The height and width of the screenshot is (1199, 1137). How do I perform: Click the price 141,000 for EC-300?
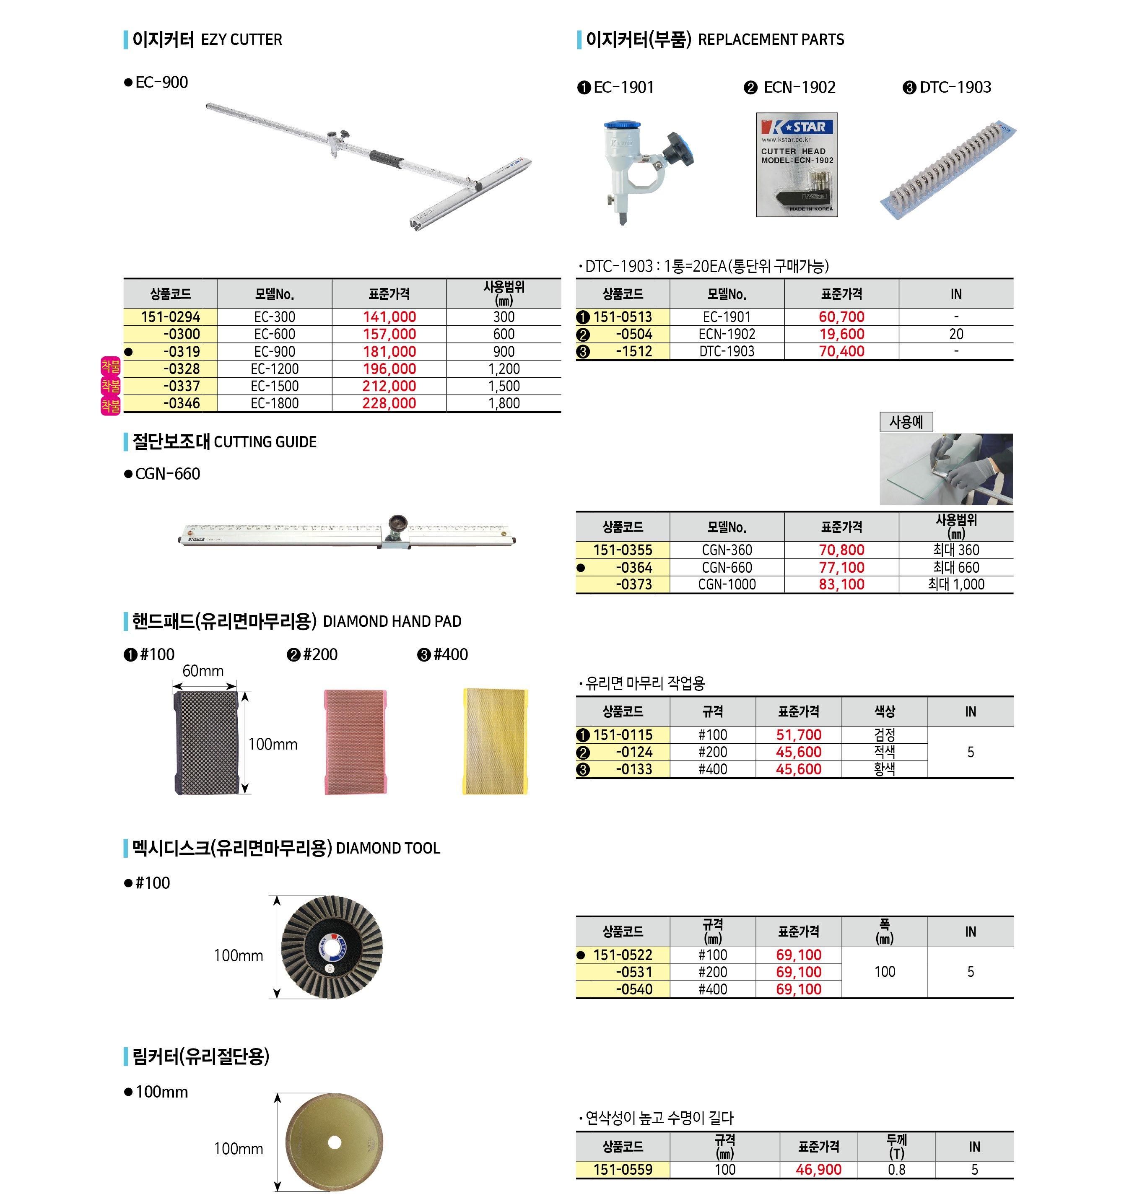[x=389, y=317]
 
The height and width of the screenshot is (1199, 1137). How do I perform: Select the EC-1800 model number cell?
[x=275, y=404]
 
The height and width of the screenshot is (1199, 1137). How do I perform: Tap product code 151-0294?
[x=170, y=317]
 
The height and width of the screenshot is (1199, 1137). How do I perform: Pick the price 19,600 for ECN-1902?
[x=841, y=334]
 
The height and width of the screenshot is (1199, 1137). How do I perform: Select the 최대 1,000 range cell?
[x=956, y=585]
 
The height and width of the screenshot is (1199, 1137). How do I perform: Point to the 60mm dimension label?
[x=203, y=671]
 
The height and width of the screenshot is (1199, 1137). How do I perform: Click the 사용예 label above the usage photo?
[x=906, y=422]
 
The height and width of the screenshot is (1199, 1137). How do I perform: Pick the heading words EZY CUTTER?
[x=241, y=40]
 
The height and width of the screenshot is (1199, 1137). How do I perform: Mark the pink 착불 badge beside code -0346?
[x=111, y=405]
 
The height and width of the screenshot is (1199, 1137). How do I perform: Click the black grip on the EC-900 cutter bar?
[x=386, y=160]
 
